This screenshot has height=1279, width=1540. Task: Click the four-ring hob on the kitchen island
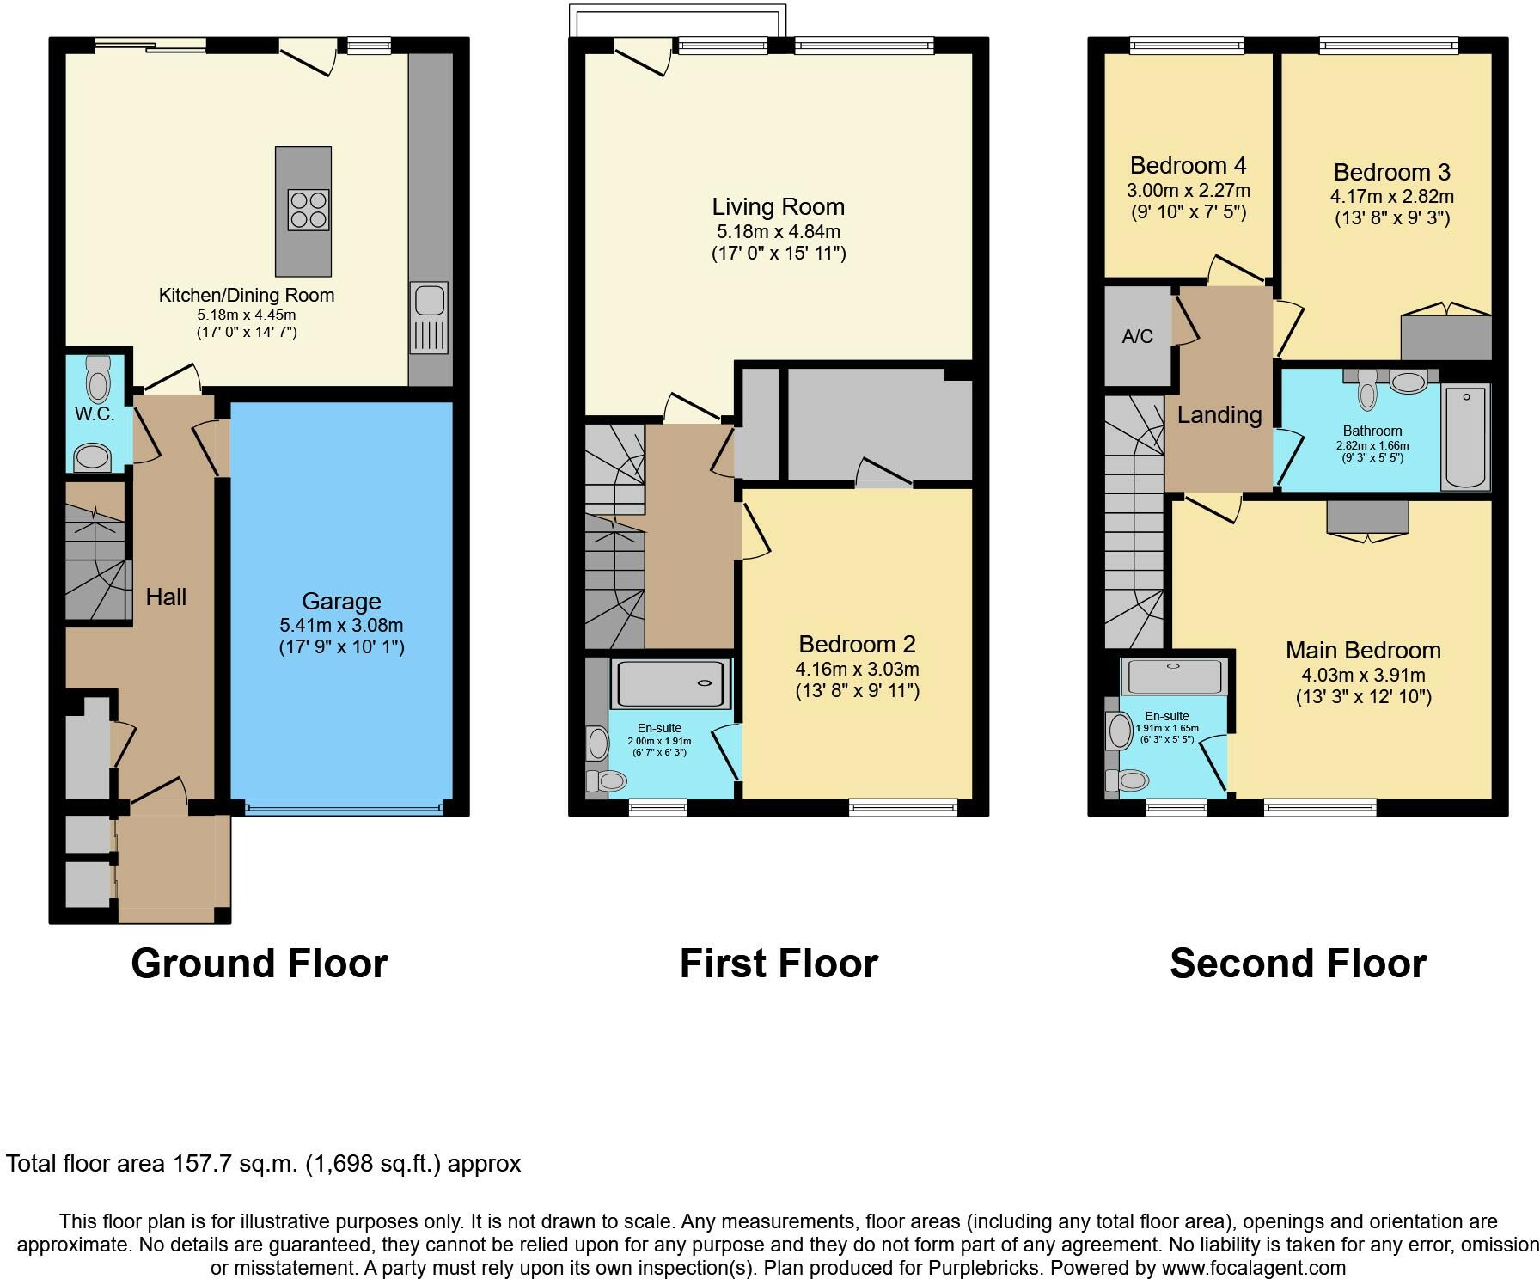[309, 209]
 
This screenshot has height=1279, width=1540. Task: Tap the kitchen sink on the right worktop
[429, 318]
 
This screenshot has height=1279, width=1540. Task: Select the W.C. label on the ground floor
[95, 413]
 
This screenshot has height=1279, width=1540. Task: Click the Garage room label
[341, 601]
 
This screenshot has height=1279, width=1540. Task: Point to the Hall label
[166, 597]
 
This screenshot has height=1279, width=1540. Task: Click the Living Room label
[779, 206]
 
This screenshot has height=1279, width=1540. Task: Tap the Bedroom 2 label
[858, 644]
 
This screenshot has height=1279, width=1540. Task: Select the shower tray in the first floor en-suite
[670, 683]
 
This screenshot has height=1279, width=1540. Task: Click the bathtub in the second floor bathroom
[1467, 438]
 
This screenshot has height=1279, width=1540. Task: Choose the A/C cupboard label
[1137, 336]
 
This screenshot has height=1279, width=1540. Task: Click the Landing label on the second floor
[1219, 415]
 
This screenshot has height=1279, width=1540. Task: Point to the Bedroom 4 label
[1189, 165]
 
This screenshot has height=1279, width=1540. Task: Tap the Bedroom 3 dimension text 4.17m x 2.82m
[1392, 196]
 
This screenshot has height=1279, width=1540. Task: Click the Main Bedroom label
[1363, 651]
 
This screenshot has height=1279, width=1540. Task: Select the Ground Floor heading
[260, 964]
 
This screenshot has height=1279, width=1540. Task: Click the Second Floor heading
[1299, 964]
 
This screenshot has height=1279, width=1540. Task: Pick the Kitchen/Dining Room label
[247, 295]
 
